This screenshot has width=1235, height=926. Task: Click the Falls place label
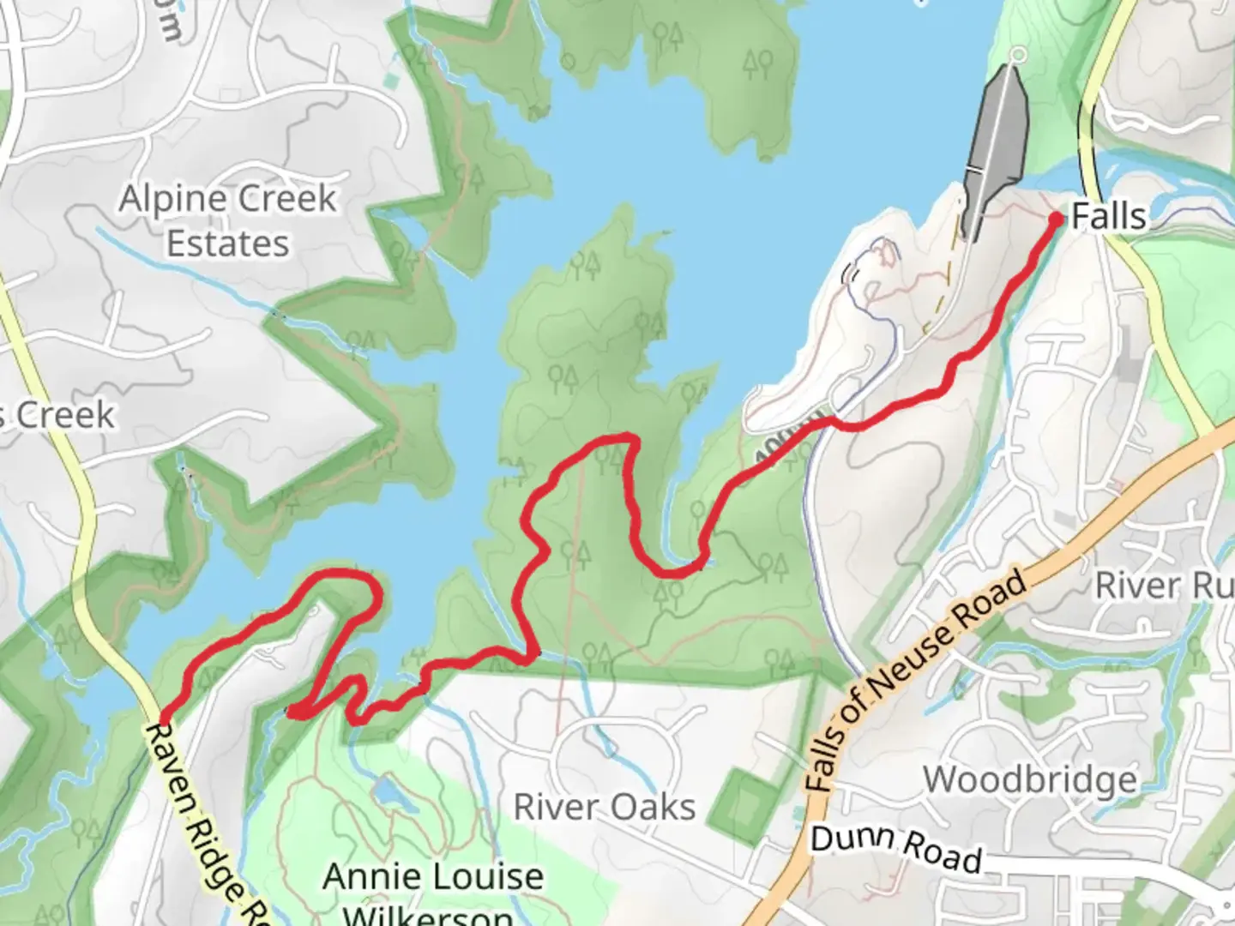(x=1108, y=216)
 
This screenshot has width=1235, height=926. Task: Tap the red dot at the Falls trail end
(x=1057, y=219)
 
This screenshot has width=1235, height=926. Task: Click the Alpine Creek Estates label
(x=227, y=221)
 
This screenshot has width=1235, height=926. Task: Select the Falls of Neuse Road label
(x=918, y=680)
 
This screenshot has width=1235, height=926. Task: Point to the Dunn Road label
(x=895, y=848)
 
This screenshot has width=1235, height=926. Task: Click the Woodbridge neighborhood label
(x=1030, y=780)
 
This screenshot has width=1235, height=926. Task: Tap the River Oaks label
(x=604, y=807)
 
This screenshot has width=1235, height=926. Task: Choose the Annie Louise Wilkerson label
(x=433, y=892)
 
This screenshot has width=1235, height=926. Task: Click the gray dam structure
(x=997, y=146)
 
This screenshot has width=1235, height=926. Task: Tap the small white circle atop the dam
(x=1018, y=56)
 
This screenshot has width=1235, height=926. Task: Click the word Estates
(x=227, y=244)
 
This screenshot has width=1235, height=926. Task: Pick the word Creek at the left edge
(x=65, y=416)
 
